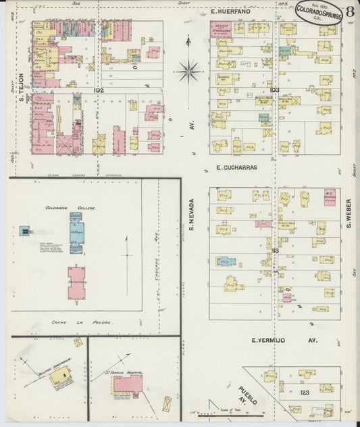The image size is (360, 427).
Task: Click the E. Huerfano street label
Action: (230, 11)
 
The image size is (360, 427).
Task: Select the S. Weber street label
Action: (349, 212)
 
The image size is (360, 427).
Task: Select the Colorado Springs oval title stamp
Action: (319, 14)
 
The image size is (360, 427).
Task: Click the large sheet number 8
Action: (350, 11)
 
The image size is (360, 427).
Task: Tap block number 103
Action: (274, 89)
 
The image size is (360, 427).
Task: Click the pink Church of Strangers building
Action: (220, 29)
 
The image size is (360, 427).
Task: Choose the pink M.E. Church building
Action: (331, 195)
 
